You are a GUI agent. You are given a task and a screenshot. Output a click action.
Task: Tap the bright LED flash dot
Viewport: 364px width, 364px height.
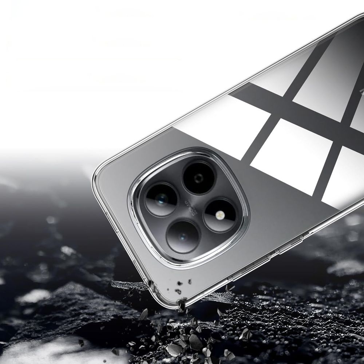[219, 215]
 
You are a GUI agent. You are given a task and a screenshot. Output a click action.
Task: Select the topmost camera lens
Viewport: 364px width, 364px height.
[198, 178]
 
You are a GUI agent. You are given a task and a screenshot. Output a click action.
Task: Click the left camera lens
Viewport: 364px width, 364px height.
[161, 199]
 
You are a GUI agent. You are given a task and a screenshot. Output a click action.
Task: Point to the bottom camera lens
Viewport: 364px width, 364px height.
[183, 237]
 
